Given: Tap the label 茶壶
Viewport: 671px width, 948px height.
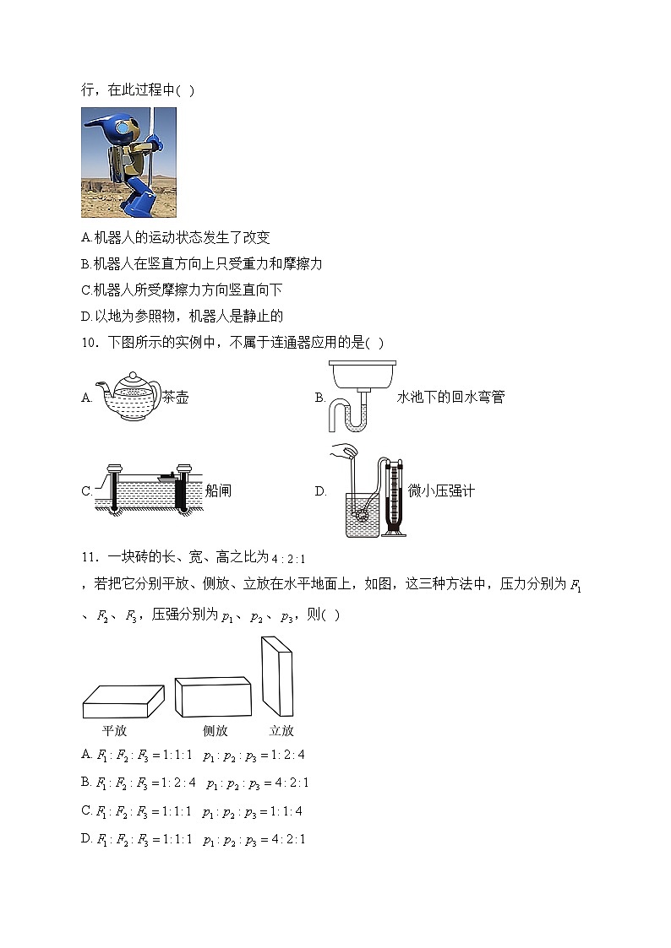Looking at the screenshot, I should point(175,398).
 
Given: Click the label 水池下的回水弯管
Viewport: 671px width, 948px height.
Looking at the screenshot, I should point(450,398).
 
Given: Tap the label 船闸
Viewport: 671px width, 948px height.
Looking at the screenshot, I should point(218,490).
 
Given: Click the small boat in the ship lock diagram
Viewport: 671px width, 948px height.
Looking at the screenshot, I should point(167,479).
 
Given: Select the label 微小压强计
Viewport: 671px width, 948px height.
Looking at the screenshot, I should point(441,490).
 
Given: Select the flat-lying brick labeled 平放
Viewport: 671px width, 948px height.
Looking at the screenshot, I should point(123,702).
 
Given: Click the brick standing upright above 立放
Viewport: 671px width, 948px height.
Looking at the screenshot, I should point(276,676).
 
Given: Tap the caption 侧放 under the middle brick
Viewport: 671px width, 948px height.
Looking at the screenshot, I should point(215,731).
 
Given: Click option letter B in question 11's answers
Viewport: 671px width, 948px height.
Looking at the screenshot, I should point(86,782).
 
